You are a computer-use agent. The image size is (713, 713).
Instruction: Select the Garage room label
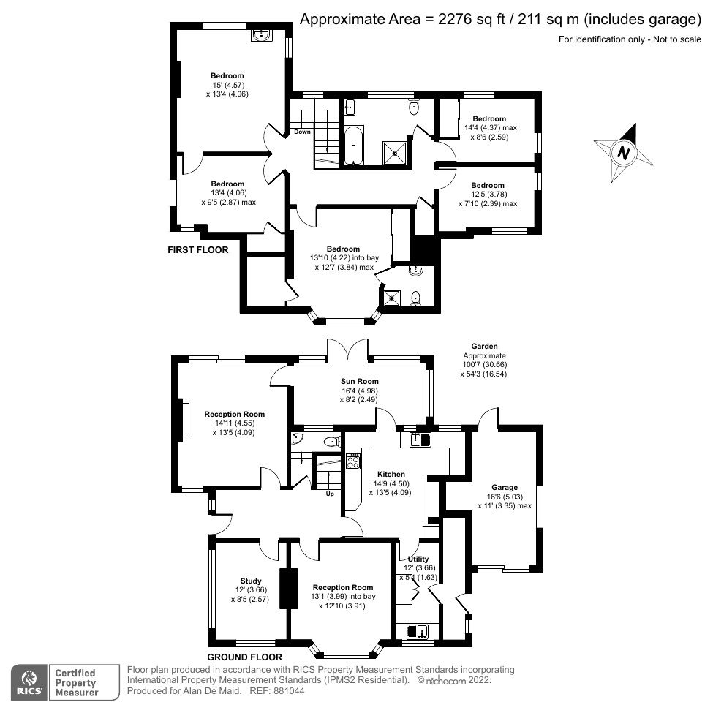[x=505, y=488]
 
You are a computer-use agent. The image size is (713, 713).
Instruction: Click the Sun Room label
[x=359, y=381]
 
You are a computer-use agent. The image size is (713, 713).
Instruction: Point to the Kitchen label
[x=391, y=475]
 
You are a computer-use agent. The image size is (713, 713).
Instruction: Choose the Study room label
[x=251, y=581]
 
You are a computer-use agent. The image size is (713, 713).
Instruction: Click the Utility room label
[x=418, y=559]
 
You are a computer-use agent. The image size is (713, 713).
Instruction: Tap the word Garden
[x=483, y=347]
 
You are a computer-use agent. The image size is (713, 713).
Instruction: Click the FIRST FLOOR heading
[x=198, y=250]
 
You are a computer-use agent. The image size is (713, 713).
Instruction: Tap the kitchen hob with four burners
[x=353, y=461]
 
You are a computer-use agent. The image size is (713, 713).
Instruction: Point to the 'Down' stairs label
[x=302, y=132]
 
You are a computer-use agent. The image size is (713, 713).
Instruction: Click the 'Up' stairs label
[x=329, y=494]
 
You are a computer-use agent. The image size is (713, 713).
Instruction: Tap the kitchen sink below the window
[x=418, y=440]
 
